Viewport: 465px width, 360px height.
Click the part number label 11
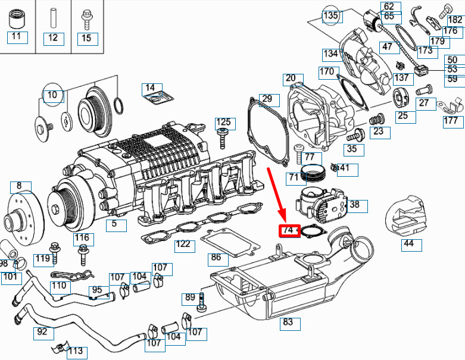coord(16,37)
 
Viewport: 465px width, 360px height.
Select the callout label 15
coord(86,38)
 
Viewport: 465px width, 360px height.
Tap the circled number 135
coord(330,15)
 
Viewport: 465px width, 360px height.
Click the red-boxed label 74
coord(289,230)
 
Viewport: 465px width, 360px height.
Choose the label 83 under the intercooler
coord(288,323)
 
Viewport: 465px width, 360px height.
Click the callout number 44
coord(408,244)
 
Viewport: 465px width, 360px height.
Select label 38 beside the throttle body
coord(355,205)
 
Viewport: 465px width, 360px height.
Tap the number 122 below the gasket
coord(183,245)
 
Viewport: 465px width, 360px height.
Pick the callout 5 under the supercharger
coord(116,225)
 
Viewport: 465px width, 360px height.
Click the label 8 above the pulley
coord(19,186)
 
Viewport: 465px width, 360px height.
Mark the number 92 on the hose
coord(42,332)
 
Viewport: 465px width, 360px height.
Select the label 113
coord(76,352)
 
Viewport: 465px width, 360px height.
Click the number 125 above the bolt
coord(223,123)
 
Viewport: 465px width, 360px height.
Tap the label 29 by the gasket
coord(267,98)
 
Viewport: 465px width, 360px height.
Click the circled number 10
coord(52,95)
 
